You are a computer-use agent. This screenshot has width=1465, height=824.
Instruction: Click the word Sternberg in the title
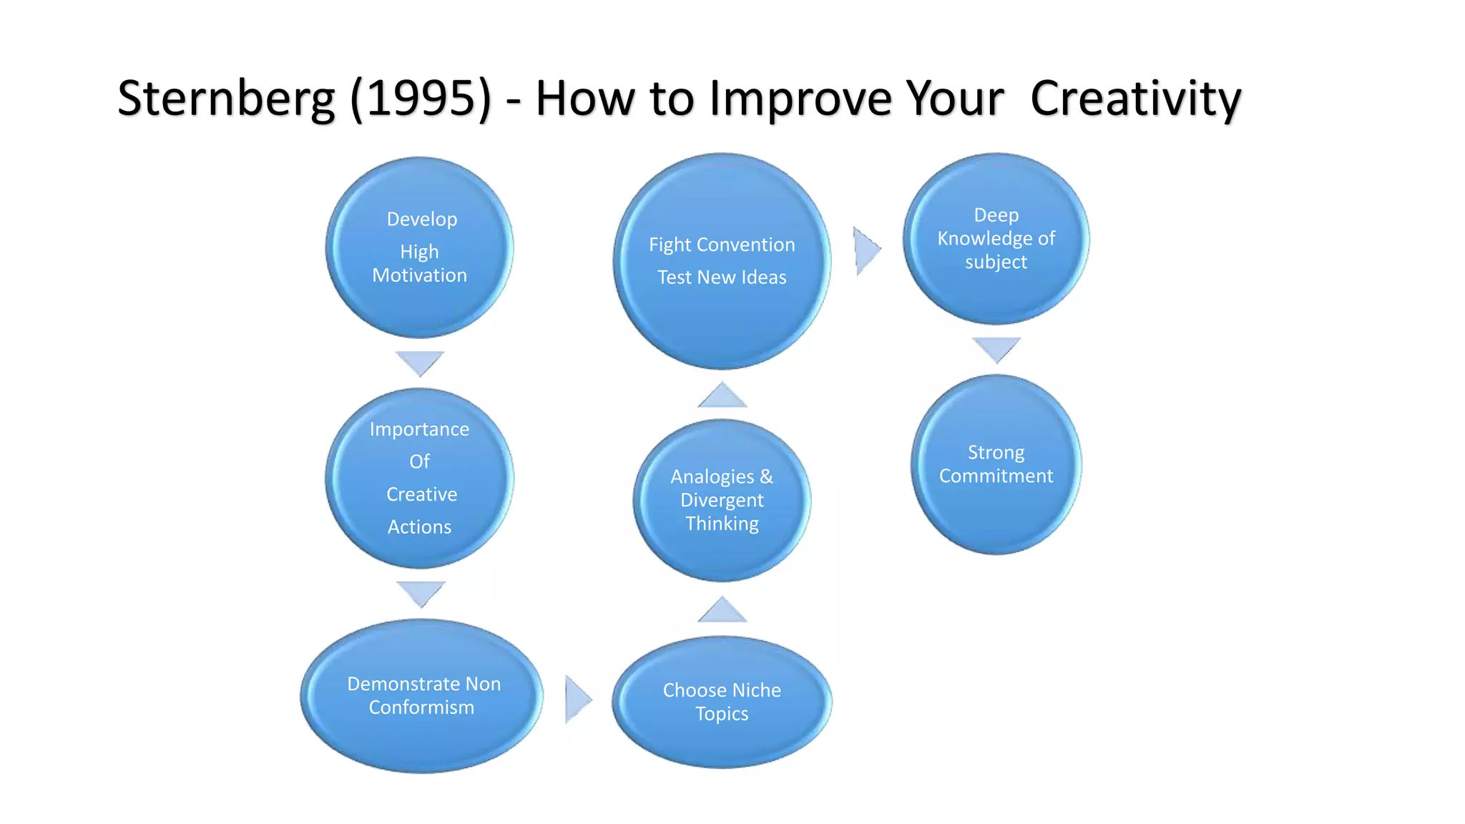click(x=226, y=99)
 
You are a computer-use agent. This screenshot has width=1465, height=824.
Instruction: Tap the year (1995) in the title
click(x=421, y=99)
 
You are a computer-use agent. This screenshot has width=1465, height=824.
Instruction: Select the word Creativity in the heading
click(x=1135, y=99)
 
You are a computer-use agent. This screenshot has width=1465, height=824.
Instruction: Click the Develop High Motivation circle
click(x=420, y=247)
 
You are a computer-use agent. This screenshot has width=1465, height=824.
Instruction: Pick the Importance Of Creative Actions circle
click(x=420, y=478)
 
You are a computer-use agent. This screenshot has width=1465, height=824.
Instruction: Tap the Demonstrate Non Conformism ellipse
click(x=422, y=695)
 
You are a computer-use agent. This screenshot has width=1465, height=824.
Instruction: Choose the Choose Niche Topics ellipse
click(x=722, y=702)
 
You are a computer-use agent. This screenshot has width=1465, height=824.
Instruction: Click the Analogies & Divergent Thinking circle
click(x=722, y=500)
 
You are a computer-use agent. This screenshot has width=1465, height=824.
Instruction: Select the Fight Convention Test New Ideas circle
click(x=722, y=261)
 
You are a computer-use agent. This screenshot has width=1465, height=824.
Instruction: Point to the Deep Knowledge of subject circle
click(x=996, y=238)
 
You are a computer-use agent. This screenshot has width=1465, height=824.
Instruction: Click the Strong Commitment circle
click(x=996, y=464)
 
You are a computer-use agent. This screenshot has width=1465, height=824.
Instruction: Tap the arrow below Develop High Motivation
click(x=420, y=362)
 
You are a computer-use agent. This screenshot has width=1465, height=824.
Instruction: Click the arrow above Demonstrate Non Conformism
click(x=421, y=592)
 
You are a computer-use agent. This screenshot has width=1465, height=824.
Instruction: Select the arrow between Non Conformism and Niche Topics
click(x=577, y=699)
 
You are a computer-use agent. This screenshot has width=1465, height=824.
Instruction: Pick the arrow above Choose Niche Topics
click(x=722, y=611)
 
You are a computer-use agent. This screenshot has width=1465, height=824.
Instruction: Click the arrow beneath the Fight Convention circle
click(x=722, y=396)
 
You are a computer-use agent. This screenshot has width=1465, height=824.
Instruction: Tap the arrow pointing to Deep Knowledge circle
click(x=866, y=250)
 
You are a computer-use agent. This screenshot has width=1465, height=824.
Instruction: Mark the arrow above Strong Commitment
click(x=996, y=348)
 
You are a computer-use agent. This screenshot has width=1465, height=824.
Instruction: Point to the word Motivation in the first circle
click(x=420, y=275)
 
